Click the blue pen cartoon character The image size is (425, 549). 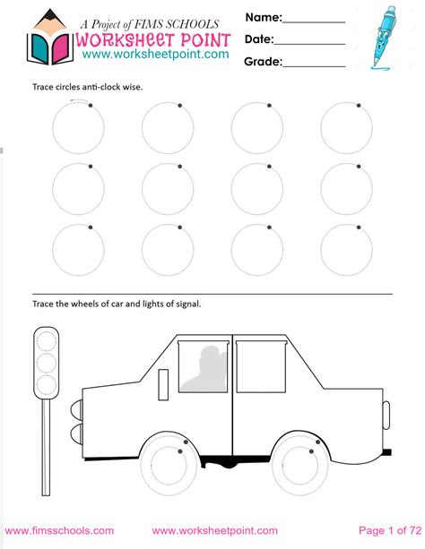[x=385, y=36]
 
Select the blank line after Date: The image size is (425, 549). [x=310, y=42]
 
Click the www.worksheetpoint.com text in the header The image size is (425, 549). [x=143, y=55]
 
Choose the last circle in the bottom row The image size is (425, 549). [x=346, y=248]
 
